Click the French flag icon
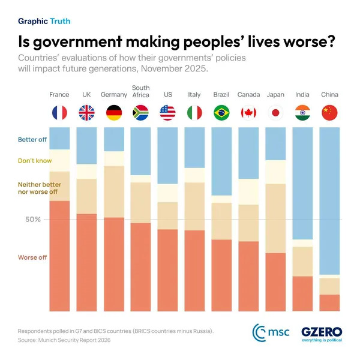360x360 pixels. pyautogui.click(x=59, y=113)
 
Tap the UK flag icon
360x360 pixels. pyautogui.click(x=86, y=113)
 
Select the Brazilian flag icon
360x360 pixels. pyautogui.click(x=221, y=113)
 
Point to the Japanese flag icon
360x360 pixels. pyautogui.click(x=275, y=113)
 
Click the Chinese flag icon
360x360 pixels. pyautogui.click(x=329, y=113)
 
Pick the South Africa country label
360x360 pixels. pyautogui.click(x=140, y=91)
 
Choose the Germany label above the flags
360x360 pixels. pyautogui.click(x=113, y=95)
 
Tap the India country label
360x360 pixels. pyautogui.click(x=302, y=95)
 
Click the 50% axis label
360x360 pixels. pyautogui.click(x=33, y=220)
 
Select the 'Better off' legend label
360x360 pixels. pyautogui.click(x=33, y=140)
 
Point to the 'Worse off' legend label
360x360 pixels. pyautogui.click(x=32, y=257)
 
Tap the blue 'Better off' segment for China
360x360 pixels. pyautogui.click(x=329, y=200)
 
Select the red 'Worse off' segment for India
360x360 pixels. pyautogui.click(x=302, y=294)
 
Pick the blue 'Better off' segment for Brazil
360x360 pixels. pyautogui.click(x=221, y=161)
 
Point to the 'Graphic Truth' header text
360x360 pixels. pyautogui.click(x=44, y=21)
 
